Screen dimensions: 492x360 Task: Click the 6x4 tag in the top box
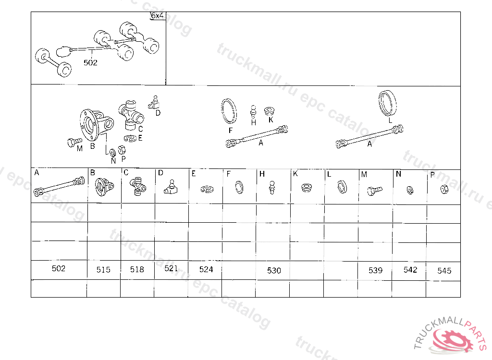click(157, 16)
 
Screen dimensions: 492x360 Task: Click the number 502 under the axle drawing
click(90, 63)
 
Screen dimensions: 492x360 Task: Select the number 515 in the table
click(103, 270)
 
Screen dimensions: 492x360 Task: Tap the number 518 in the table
click(137, 269)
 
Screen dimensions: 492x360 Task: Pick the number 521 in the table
click(171, 268)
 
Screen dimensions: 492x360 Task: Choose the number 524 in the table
click(206, 269)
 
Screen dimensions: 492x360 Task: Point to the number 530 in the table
click(274, 270)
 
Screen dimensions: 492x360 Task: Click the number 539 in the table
click(376, 270)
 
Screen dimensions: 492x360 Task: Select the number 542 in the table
click(410, 270)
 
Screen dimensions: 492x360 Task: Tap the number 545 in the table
click(444, 271)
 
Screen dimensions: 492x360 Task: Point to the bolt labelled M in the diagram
click(74, 142)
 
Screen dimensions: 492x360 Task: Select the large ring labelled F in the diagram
click(229, 111)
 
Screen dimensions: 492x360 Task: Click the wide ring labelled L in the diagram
click(387, 103)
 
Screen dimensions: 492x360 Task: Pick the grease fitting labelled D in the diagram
click(154, 103)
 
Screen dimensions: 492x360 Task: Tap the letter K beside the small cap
click(271, 120)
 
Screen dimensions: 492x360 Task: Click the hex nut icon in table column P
click(444, 190)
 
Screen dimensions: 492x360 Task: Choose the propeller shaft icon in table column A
click(59, 187)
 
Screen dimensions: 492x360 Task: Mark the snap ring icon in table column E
click(207, 189)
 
